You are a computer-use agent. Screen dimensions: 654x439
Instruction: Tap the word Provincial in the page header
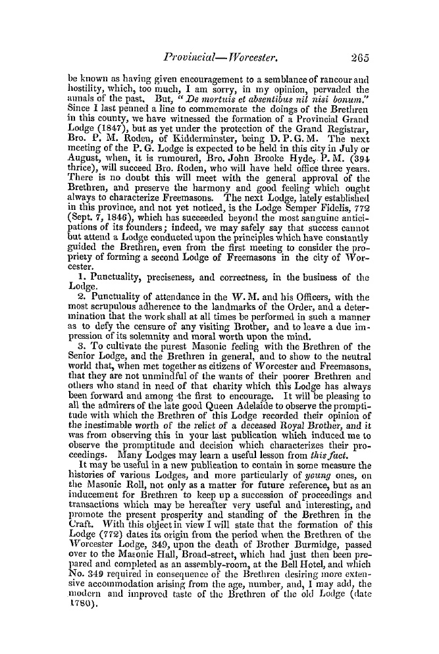point(188,39)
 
